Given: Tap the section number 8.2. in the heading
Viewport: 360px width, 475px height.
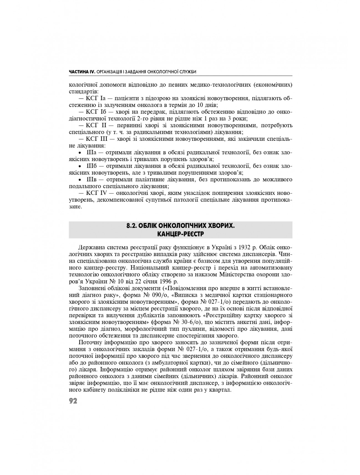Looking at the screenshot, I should click(132, 226).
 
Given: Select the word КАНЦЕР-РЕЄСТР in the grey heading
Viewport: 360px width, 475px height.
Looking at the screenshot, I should click(180, 234).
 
